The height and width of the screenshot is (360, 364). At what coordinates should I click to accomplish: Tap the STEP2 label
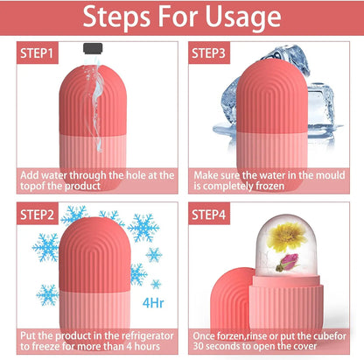[37, 214]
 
